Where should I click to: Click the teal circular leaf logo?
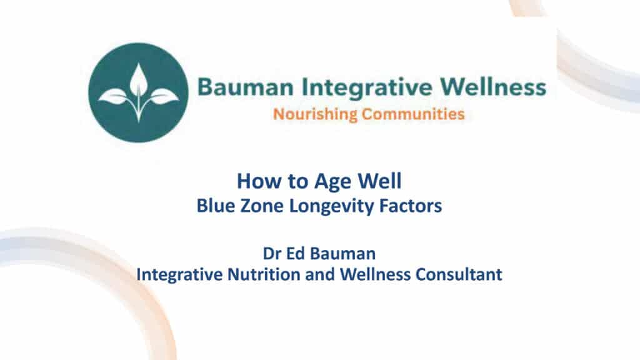tap(138, 92)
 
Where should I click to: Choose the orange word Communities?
tap(413, 114)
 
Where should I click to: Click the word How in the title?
tap(257, 181)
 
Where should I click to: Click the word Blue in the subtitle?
tap(216, 206)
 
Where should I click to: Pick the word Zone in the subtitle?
tap(262, 206)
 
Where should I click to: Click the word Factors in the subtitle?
tap(411, 206)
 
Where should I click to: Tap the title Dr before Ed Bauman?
tap(272, 254)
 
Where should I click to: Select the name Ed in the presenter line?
tap(296, 254)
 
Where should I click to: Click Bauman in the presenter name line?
tap(343, 254)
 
